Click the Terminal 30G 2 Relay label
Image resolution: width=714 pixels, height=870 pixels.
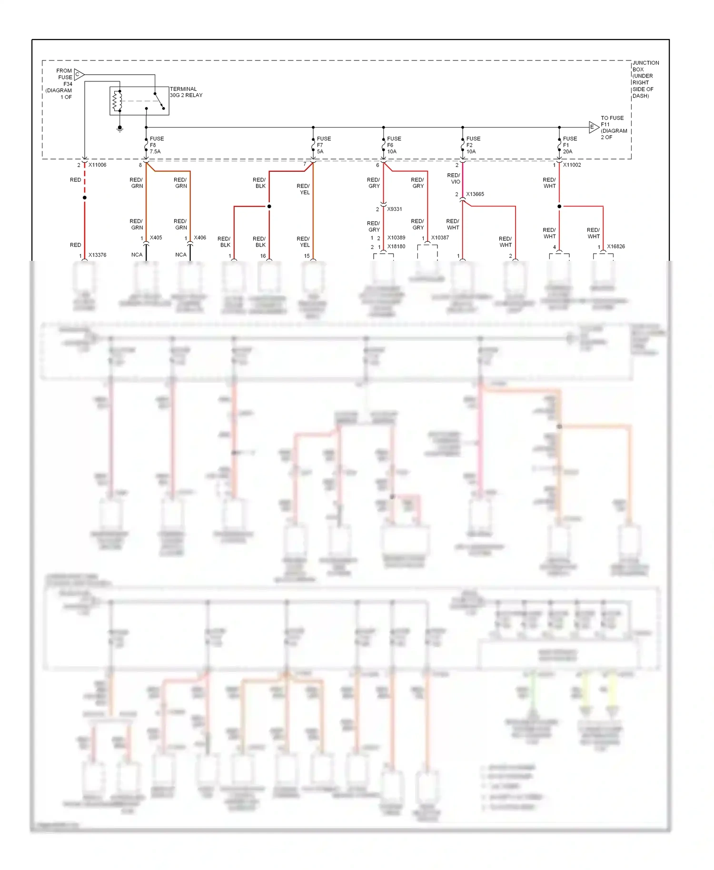[186, 92]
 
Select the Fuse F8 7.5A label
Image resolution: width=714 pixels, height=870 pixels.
[157, 145]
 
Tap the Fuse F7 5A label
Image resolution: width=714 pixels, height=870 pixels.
[324, 145]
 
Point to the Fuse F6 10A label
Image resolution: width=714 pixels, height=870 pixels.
[394, 145]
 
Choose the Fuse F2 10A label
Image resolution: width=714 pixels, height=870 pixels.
[473, 145]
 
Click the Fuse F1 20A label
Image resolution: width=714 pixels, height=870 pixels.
[570, 145]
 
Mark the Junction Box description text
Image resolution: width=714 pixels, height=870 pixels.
[645, 79]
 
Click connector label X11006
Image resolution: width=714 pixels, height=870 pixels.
[98, 165]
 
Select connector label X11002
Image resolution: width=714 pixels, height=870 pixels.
[572, 165]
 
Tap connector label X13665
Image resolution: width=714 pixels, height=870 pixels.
[475, 194]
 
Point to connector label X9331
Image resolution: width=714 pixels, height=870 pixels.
[395, 209]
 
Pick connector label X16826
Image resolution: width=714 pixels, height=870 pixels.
[616, 247]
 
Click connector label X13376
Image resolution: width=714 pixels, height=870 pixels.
[98, 255]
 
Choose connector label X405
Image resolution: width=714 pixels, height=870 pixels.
[156, 237]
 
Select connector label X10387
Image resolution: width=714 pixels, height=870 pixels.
[440, 237]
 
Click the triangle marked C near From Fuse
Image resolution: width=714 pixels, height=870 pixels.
[79, 75]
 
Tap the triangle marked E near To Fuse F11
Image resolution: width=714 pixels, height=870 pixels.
[593, 127]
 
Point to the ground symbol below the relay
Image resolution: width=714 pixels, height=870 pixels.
[120, 128]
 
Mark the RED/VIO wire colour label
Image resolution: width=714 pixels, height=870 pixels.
[454, 178]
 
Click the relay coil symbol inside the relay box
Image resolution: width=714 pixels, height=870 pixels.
[115, 100]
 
